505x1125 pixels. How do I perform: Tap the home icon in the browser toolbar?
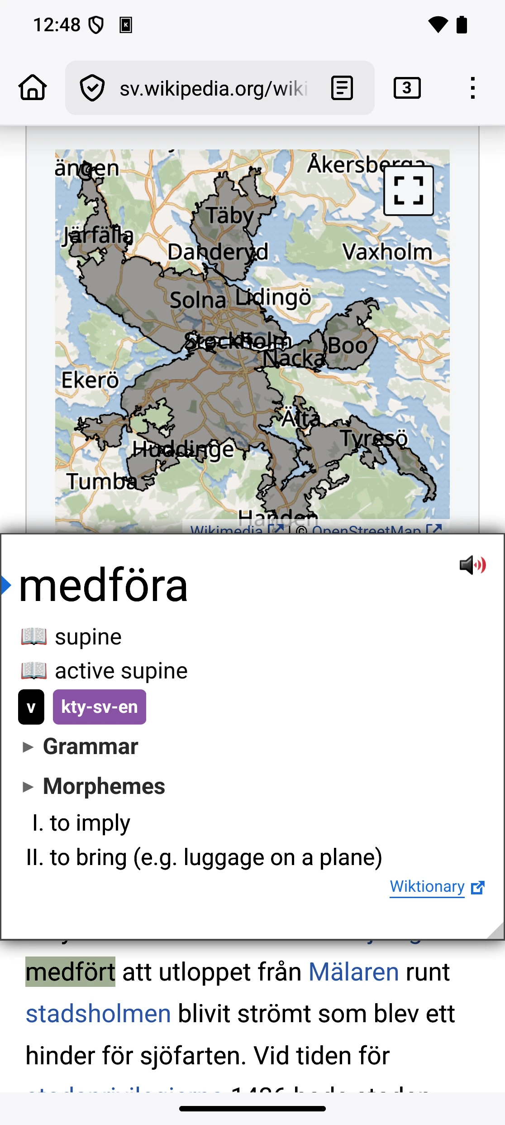(x=33, y=87)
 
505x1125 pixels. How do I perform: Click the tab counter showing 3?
(x=407, y=88)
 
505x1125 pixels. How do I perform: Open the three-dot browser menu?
(x=472, y=88)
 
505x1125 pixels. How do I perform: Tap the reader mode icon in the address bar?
(x=342, y=88)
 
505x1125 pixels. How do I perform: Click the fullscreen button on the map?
(x=408, y=191)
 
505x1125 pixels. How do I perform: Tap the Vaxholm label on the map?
(x=387, y=252)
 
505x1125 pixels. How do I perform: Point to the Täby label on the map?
(x=230, y=216)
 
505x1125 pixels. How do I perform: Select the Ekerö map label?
(x=90, y=380)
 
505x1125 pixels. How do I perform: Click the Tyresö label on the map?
(x=374, y=438)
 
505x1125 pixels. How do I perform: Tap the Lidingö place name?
(x=273, y=298)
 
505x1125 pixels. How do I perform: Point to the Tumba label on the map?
(x=101, y=481)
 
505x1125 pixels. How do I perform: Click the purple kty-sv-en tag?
(x=100, y=707)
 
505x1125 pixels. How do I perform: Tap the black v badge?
(x=31, y=707)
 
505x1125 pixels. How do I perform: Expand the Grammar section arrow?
(x=28, y=747)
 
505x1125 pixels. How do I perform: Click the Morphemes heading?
(x=104, y=786)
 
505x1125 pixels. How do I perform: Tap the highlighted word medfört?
(x=71, y=972)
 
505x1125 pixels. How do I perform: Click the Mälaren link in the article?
(x=353, y=972)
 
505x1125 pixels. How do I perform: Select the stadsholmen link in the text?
(x=98, y=1014)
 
